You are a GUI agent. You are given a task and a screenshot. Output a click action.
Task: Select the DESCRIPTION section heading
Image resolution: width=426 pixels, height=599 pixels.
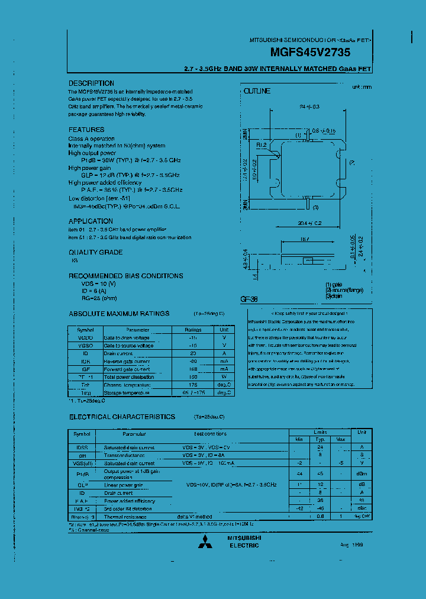click(x=91, y=83)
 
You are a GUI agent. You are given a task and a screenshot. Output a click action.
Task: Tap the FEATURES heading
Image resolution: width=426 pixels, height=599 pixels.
click(x=86, y=130)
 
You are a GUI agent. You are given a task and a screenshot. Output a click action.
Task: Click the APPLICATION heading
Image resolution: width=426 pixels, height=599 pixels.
click(x=91, y=221)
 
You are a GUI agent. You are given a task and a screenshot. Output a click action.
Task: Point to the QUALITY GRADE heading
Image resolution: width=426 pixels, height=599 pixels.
click(x=96, y=252)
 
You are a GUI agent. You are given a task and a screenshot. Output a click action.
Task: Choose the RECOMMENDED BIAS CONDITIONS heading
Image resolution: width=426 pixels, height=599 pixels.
click(x=126, y=276)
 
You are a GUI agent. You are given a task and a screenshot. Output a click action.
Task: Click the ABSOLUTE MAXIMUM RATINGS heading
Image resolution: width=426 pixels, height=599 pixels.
click(x=119, y=314)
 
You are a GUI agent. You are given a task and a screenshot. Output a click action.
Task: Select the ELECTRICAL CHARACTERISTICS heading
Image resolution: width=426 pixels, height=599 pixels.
click(x=122, y=417)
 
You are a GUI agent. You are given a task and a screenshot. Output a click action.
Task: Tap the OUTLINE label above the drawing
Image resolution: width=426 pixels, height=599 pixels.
click(x=257, y=91)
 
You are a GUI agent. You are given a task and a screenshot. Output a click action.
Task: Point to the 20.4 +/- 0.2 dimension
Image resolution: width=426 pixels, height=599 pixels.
click(x=309, y=223)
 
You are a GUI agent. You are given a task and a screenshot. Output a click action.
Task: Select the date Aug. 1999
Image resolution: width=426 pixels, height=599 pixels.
click(x=349, y=545)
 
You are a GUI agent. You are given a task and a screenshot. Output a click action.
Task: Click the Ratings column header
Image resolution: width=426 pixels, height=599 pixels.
click(x=193, y=329)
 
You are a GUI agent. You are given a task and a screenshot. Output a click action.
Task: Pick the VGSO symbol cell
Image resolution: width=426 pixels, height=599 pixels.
click(x=85, y=345)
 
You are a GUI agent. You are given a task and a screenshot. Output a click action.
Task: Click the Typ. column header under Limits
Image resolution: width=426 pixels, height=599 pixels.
click(x=320, y=439)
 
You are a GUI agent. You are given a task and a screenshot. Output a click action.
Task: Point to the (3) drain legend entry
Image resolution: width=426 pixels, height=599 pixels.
click(x=334, y=295)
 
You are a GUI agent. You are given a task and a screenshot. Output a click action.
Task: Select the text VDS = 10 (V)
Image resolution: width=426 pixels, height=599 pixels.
click(x=99, y=284)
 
